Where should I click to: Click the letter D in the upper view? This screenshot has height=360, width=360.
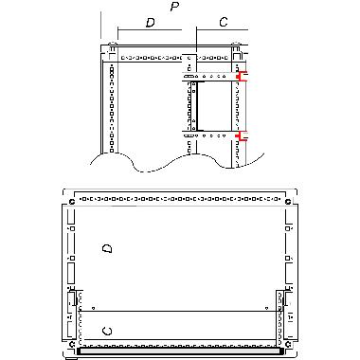[x=150, y=21]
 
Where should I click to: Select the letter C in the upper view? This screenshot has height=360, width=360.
[x=224, y=21]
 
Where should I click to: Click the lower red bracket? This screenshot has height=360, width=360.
[x=242, y=137]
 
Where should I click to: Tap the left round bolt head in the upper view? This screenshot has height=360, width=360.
[x=113, y=46]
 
